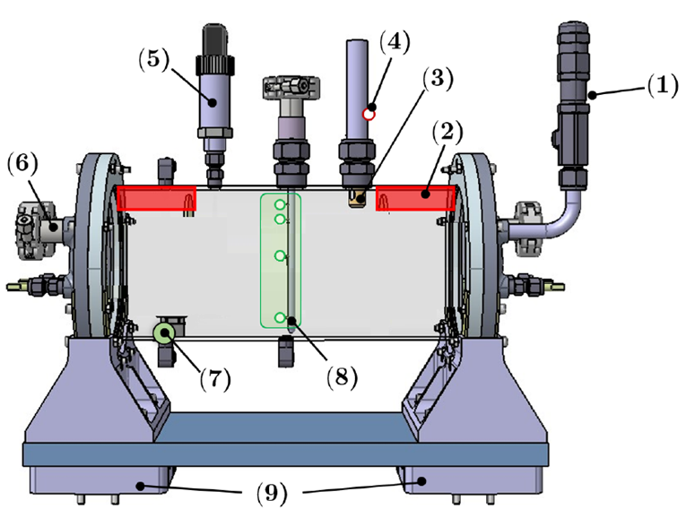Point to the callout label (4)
tap(395, 42)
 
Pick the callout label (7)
tap(215, 378)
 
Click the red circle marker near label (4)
tap(368, 114)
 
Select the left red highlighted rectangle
tap(156, 199)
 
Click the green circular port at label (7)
tap(163, 334)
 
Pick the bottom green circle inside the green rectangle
tap(281, 317)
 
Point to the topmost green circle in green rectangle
tap(280, 205)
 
